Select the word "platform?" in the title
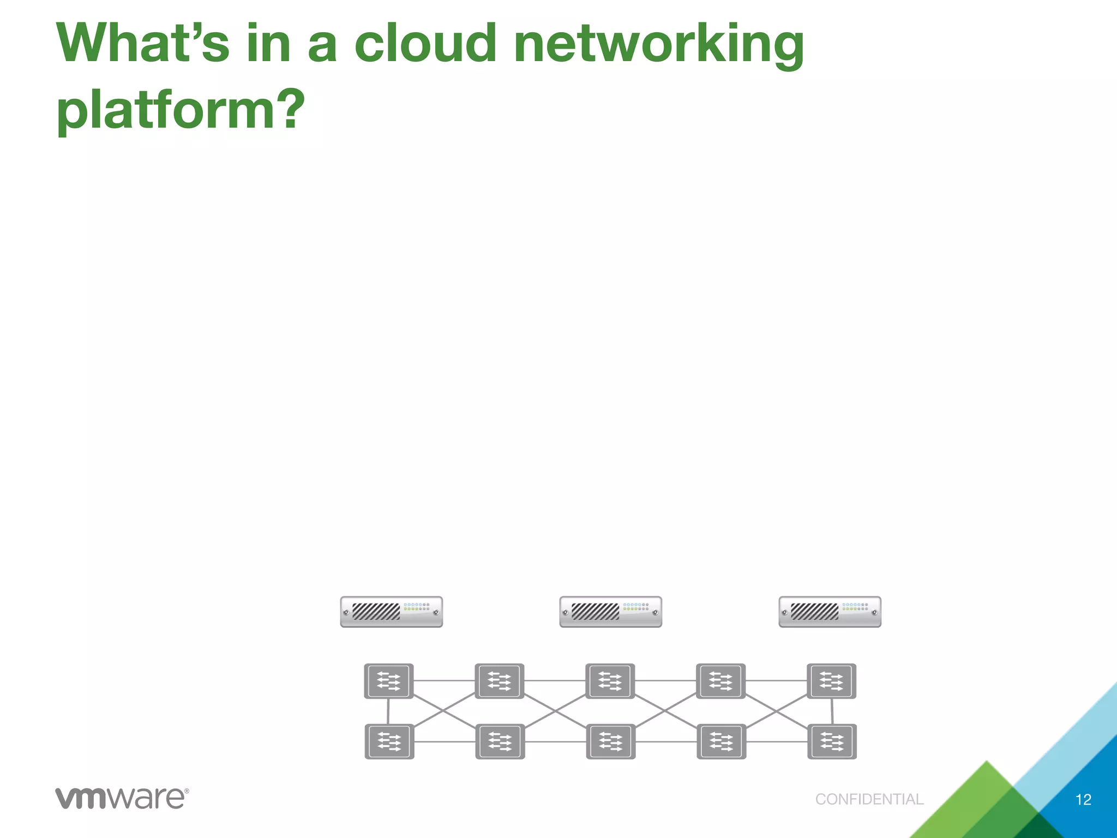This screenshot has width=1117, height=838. pos(181,110)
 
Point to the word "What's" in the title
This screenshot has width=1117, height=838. pos(143,44)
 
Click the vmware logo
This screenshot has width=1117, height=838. pos(122,798)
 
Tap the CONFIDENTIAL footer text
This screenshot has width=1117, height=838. pos(869,799)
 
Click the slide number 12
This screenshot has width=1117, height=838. pos(1083,800)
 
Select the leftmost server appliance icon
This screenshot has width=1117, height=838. pos(392,612)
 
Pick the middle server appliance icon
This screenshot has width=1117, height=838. pos(611,612)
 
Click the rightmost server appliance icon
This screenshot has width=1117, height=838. pos(830,612)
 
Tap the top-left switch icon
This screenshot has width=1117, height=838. pos(389,681)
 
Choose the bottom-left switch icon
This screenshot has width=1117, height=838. pos(389,741)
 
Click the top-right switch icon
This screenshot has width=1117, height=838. pos(831,681)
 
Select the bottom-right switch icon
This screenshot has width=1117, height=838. pos(832,741)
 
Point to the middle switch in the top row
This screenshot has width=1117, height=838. pos(610,681)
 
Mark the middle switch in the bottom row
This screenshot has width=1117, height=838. pos(611,741)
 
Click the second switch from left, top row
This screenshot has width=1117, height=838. pos(500,681)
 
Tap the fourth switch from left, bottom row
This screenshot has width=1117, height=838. pos(722,741)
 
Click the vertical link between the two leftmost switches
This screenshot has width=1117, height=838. pos(388,711)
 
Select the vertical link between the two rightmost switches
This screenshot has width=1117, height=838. pos(832,711)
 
